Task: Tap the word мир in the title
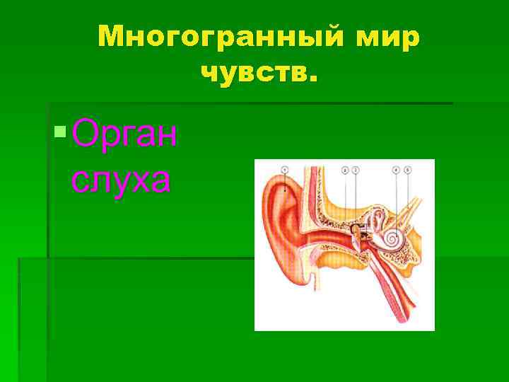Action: [x=385, y=35]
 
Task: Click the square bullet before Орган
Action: [x=61, y=130]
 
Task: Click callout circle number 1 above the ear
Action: [x=284, y=170]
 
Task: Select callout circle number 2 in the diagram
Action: [x=344, y=170]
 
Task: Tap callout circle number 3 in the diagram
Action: [x=355, y=170]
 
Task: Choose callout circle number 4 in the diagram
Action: [x=396, y=170]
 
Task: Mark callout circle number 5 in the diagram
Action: [x=408, y=170]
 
